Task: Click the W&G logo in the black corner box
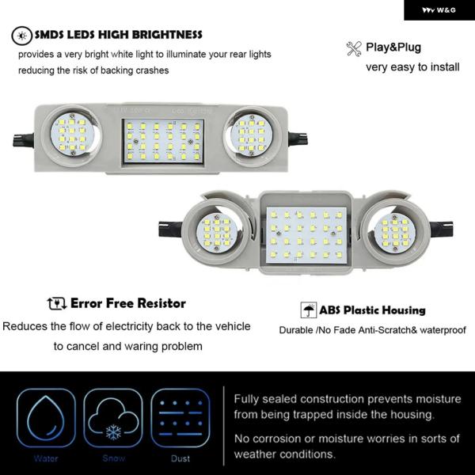(x=439, y=10)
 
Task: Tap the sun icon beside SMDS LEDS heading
(x=22, y=36)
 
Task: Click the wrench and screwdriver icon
(x=354, y=49)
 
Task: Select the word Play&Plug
(x=393, y=47)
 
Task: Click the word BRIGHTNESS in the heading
(x=167, y=35)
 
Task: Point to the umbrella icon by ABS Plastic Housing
(x=309, y=310)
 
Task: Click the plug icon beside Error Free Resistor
(x=57, y=303)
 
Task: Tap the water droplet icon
(x=46, y=418)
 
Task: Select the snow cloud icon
(x=113, y=418)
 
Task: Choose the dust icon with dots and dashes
(x=180, y=418)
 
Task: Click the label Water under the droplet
(x=46, y=458)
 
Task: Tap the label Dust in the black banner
(x=180, y=458)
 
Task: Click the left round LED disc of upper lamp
(x=72, y=135)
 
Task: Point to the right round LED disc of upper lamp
(x=252, y=135)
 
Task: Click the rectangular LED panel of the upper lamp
(x=163, y=141)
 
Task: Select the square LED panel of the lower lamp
(x=306, y=235)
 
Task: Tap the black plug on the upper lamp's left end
(x=23, y=140)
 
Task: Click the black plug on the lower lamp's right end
(x=441, y=230)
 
